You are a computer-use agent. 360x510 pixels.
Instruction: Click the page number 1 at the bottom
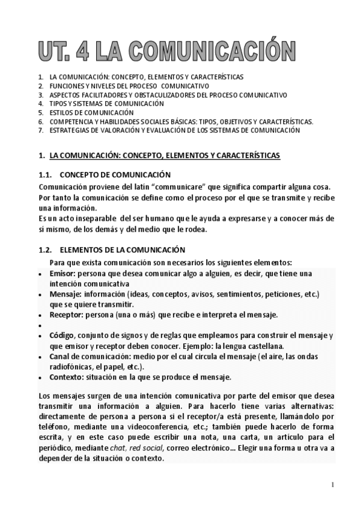332,484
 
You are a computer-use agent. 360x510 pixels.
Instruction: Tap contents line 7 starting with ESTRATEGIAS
174,130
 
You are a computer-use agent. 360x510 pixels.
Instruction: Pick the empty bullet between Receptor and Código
39,325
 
